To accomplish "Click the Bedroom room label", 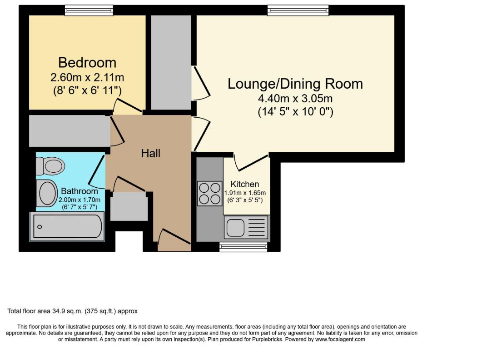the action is click(x=87, y=63).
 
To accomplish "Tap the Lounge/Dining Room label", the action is click(x=295, y=84).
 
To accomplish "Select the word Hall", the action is click(x=150, y=153).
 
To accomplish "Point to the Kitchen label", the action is click(x=245, y=184).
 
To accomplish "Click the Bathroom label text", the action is click(x=79, y=191).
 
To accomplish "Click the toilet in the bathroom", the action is click(x=50, y=166).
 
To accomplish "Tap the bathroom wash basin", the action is click(x=47, y=193).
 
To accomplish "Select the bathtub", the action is click(x=67, y=226).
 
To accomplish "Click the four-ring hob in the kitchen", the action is click(x=209, y=193).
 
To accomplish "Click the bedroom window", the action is click(x=89, y=10).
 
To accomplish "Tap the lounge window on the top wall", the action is click(x=298, y=10).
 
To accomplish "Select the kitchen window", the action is click(x=243, y=247).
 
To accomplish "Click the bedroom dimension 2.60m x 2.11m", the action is click(x=87, y=78).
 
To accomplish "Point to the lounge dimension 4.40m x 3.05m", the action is click(x=295, y=99).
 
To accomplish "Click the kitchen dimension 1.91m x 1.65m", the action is click(x=245, y=193).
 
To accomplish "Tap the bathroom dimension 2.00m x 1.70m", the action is click(x=79, y=200).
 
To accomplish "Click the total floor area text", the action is click(x=72, y=311).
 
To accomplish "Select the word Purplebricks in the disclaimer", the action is click(x=268, y=339).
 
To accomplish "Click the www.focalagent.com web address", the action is click(x=340, y=339).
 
